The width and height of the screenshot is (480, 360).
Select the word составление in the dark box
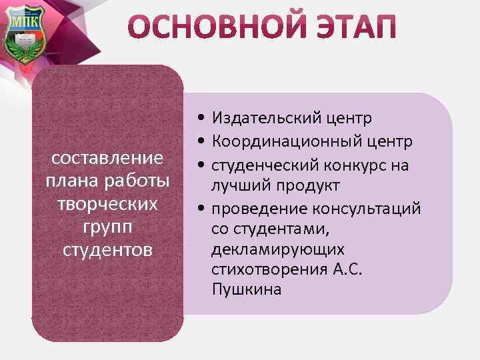point(107,159)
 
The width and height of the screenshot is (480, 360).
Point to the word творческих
point(107,204)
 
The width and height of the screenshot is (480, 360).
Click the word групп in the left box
point(107,227)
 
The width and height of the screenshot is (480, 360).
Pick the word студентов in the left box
point(107,249)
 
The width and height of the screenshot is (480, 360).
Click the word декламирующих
point(278,249)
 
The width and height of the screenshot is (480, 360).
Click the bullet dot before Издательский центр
point(200,119)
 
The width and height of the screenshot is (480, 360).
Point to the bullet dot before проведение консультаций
point(200,209)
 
